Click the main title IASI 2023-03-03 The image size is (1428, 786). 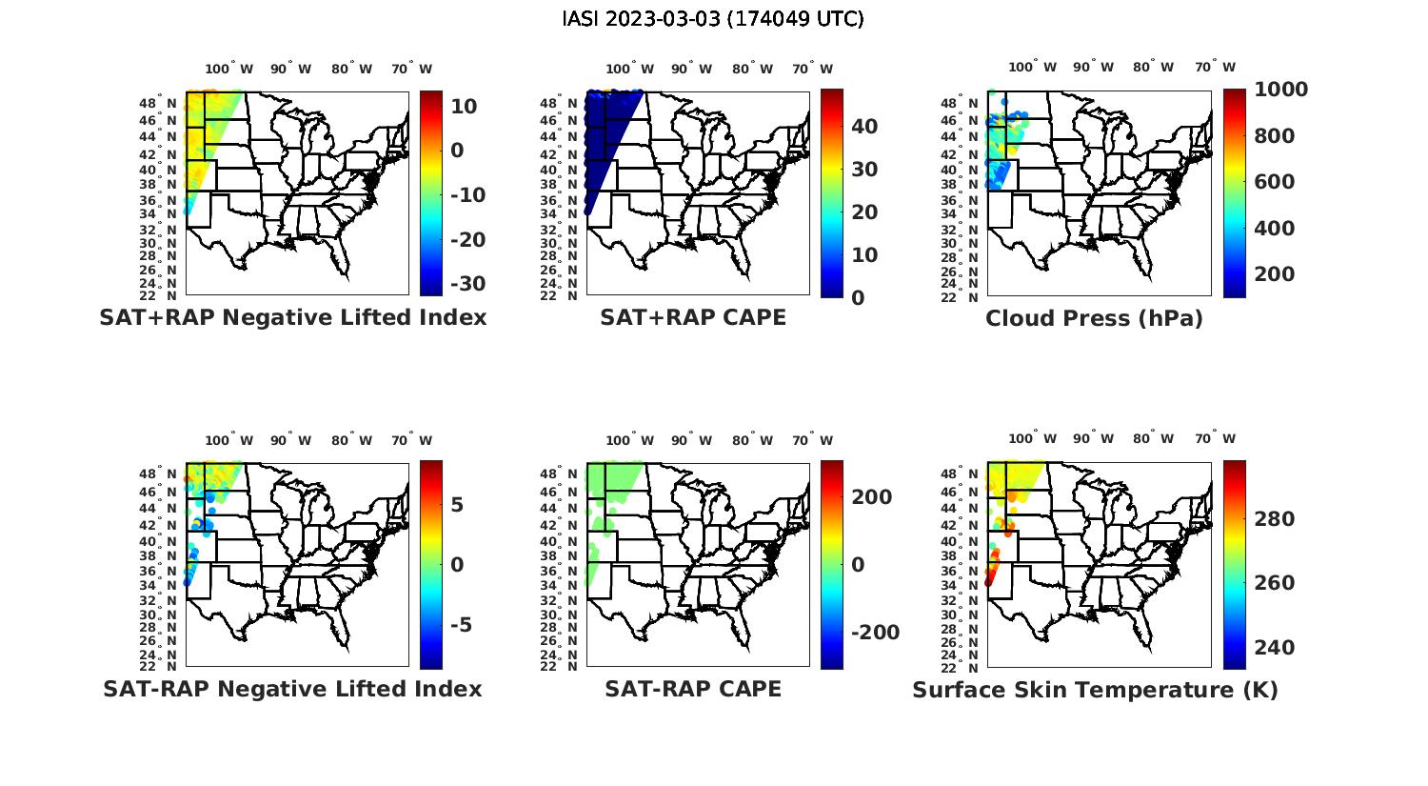pos(713,19)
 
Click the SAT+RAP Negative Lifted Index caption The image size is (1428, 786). pos(293,317)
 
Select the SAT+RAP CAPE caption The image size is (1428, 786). pos(693,317)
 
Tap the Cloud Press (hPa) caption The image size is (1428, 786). pos(1094,318)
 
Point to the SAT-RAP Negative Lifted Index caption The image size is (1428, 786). pos(293,689)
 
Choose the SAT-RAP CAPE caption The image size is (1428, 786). pos(693,689)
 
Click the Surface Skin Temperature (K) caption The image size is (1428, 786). pos(1095,690)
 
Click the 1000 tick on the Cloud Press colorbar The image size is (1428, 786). pos(1280,90)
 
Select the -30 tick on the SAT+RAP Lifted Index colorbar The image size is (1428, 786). pos(467,284)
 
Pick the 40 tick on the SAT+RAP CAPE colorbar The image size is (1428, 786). pos(864,127)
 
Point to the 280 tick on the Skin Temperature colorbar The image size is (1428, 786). pos(1275,519)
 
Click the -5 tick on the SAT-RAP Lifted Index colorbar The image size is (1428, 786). pos(462,625)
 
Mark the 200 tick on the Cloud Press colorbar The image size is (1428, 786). pos(1275,274)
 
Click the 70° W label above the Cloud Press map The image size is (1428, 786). pos(1216,67)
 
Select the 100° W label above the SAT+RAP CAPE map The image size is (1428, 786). pos(629,69)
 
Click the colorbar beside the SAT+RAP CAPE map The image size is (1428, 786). pos(832,193)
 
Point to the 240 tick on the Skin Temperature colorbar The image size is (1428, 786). pos(1275,648)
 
